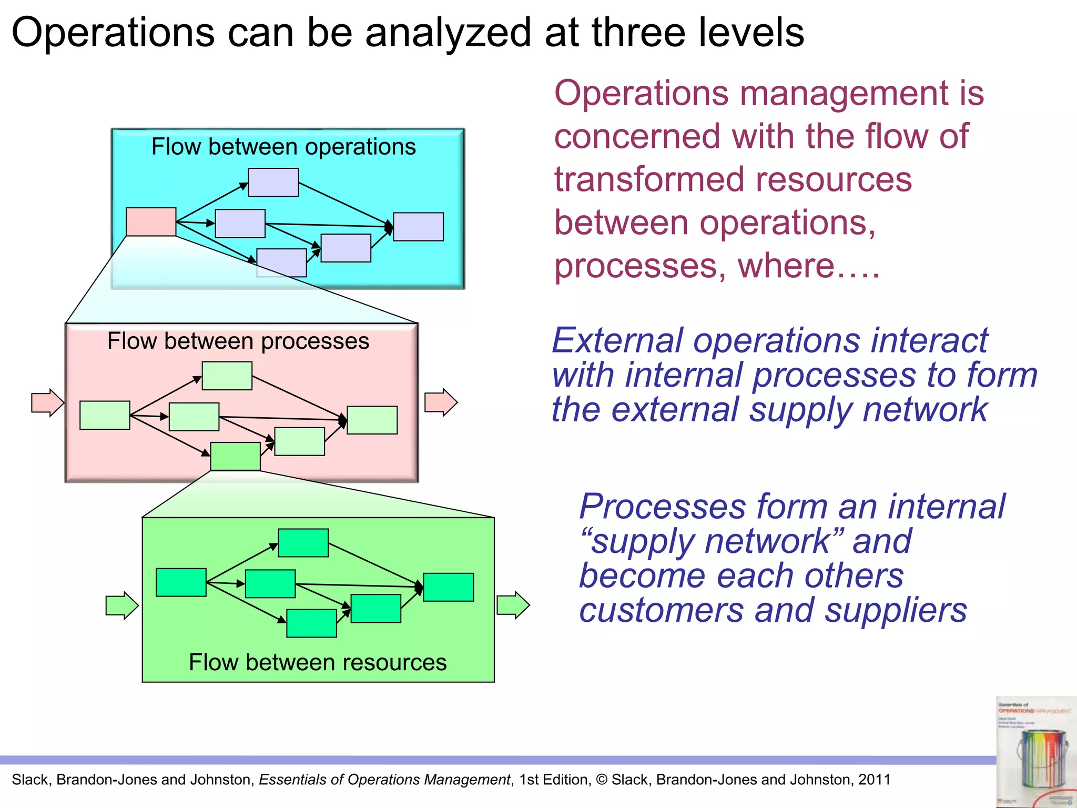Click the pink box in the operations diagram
click(151, 221)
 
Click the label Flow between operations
click(283, 146)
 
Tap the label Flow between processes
click(238, 341)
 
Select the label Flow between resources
click(318, 662)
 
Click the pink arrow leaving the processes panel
click(441, 402)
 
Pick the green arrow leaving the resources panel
click(513, 605)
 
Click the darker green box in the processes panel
click(235, 456)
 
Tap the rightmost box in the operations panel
click(418, 227)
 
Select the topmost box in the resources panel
click(303, 543)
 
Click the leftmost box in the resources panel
click(181, 582)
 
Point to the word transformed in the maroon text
click(648, 179)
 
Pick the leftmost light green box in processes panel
click(105, 415)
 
